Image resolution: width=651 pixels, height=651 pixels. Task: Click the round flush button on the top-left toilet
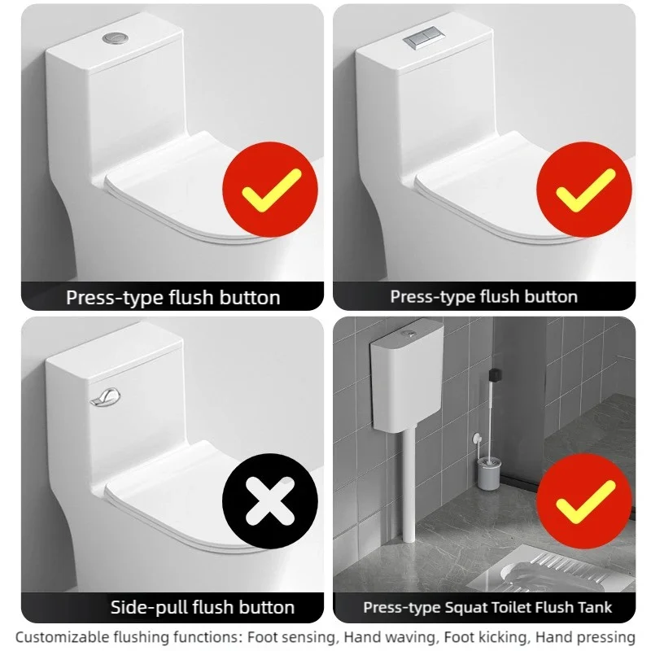tap(112, 37)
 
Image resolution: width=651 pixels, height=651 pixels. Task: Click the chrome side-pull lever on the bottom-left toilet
tap(104, 399)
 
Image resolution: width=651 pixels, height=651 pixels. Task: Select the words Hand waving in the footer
tap(384, 637)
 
